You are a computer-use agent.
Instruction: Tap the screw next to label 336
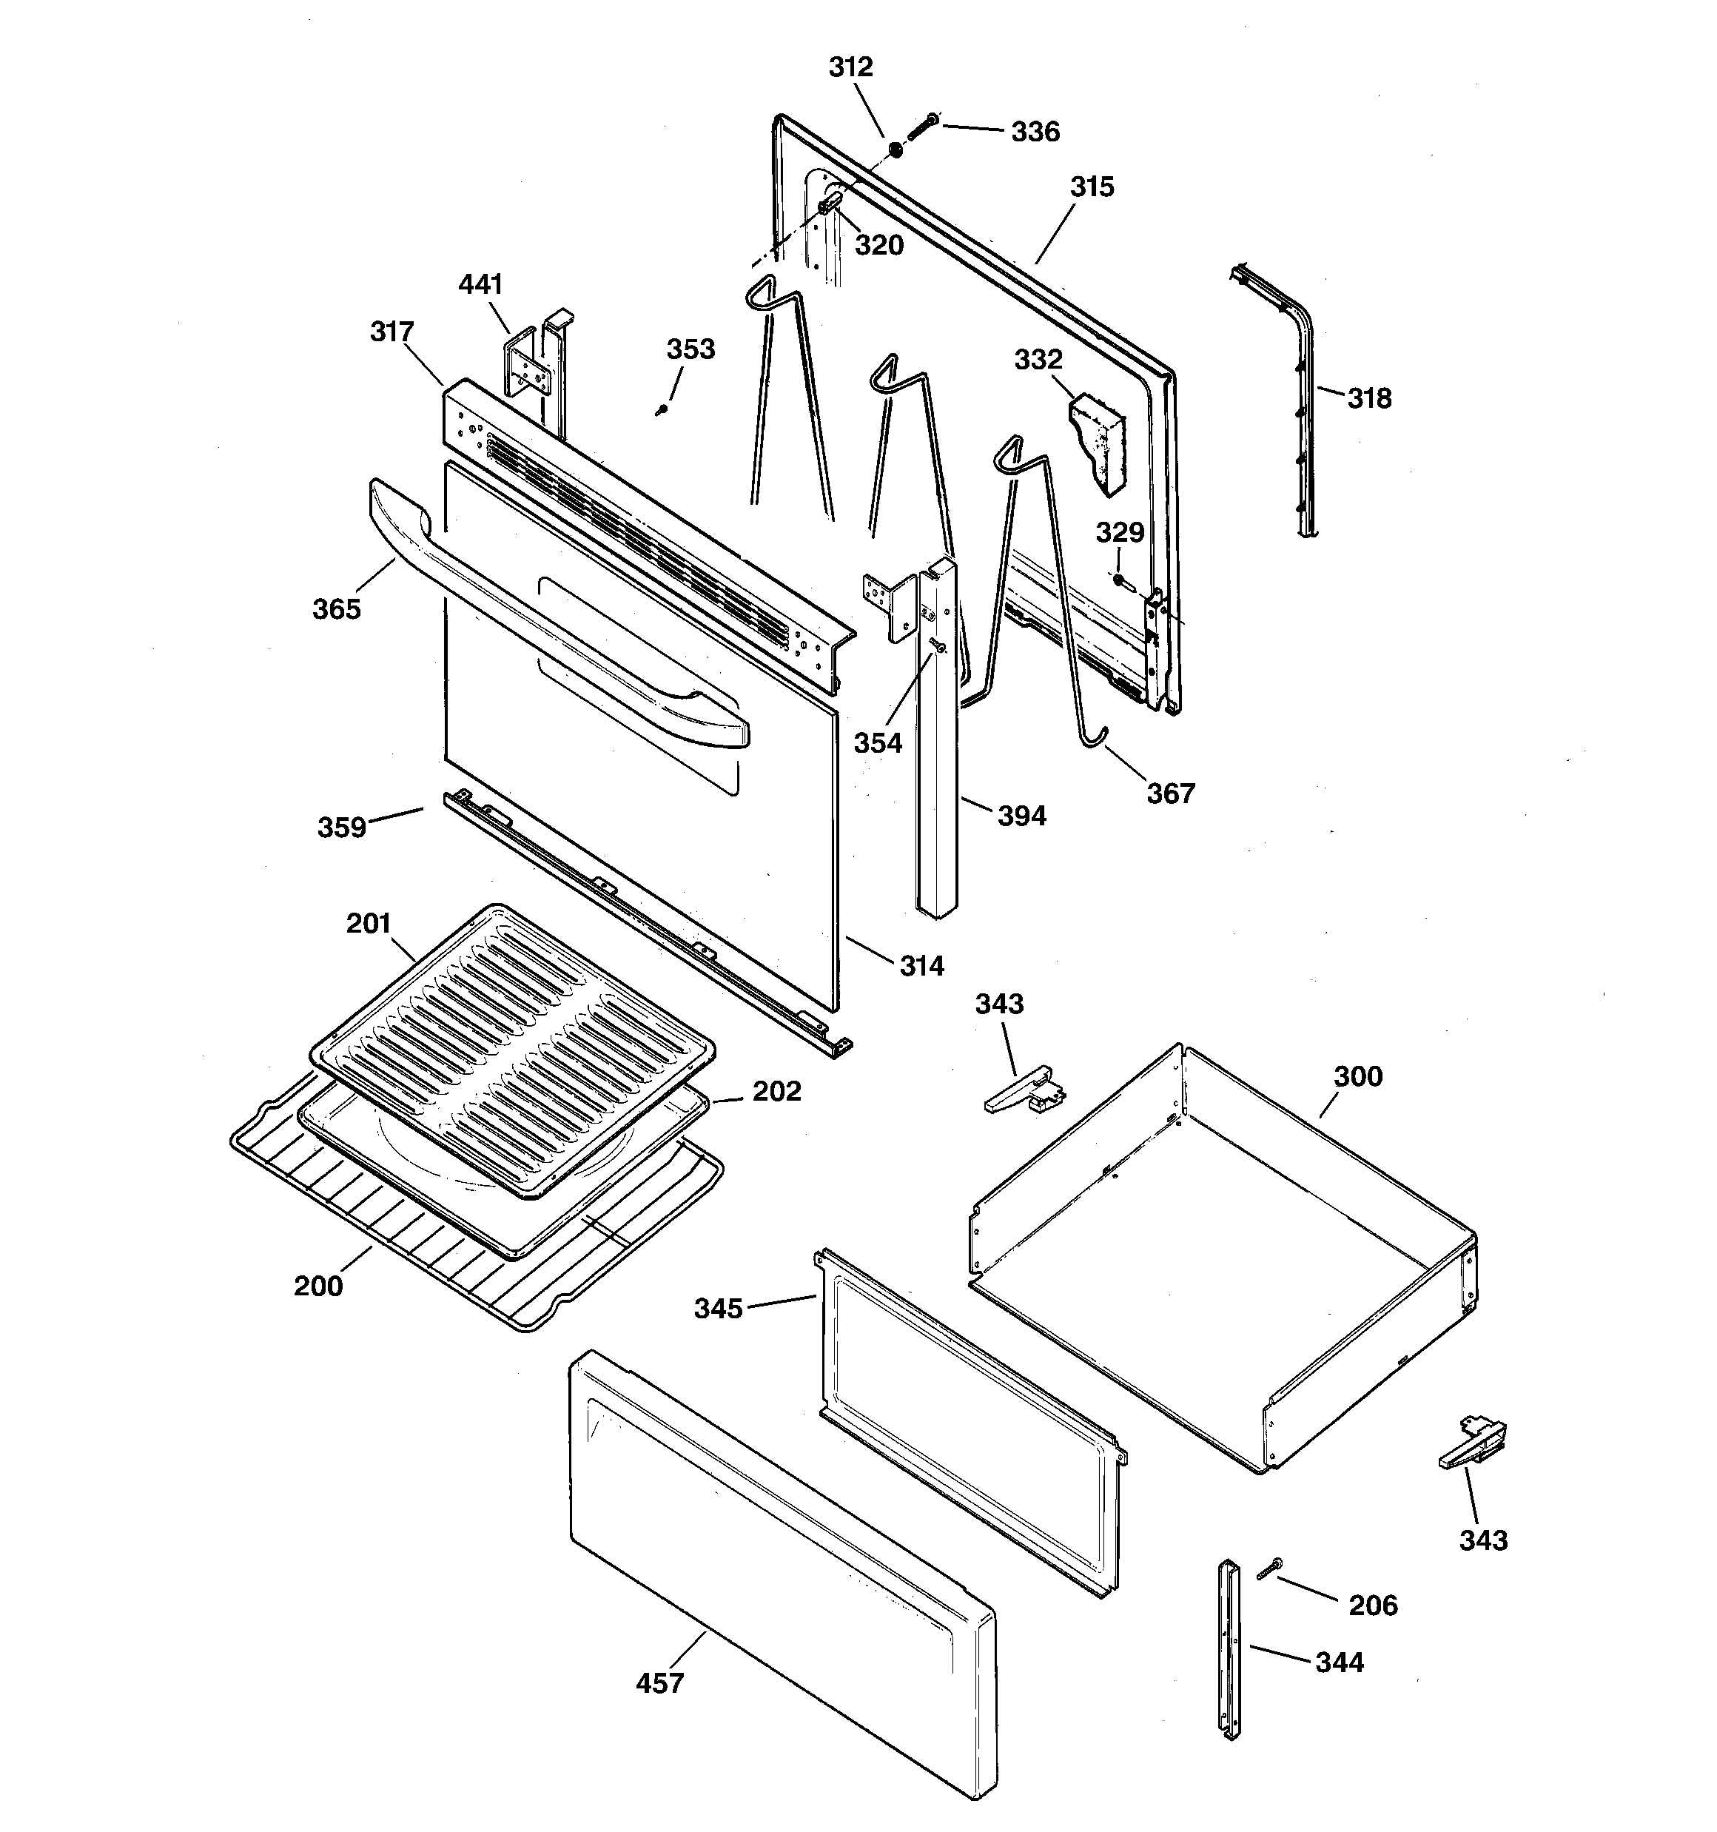921,127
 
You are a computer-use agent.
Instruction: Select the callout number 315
1092,187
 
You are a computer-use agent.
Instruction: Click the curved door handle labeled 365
553,627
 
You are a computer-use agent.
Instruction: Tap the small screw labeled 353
662,410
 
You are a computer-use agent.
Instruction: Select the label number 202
776,1091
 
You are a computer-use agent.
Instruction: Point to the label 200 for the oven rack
318,1286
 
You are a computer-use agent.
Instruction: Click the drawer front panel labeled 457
784,1576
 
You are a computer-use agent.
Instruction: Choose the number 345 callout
718,1309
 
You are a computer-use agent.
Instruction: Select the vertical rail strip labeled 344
1229,1649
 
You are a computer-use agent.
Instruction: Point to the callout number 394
1022,816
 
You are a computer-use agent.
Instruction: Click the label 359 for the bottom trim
342,828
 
